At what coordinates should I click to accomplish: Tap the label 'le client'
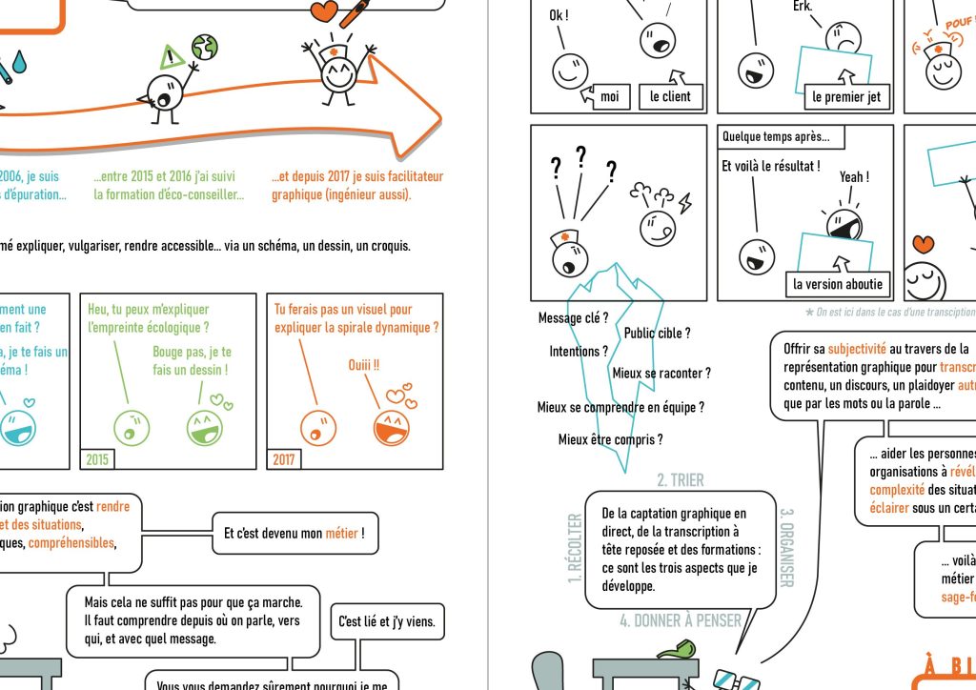670,96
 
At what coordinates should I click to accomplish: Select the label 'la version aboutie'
838,284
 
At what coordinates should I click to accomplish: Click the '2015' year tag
97,459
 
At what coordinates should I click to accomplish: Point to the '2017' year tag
284,459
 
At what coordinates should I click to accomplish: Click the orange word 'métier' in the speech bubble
341,534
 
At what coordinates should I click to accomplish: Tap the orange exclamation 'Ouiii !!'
363,365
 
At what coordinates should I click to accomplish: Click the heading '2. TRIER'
681,480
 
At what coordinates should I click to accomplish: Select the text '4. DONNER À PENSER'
680,620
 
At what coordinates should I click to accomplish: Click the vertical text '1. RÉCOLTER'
575,547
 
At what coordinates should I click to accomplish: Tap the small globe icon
204,46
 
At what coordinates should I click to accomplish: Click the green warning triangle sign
173,56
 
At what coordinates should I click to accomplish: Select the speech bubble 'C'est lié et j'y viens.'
387,622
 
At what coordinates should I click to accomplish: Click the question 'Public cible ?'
657,333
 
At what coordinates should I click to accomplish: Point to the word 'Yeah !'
854,177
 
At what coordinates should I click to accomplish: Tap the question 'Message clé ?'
573,318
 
